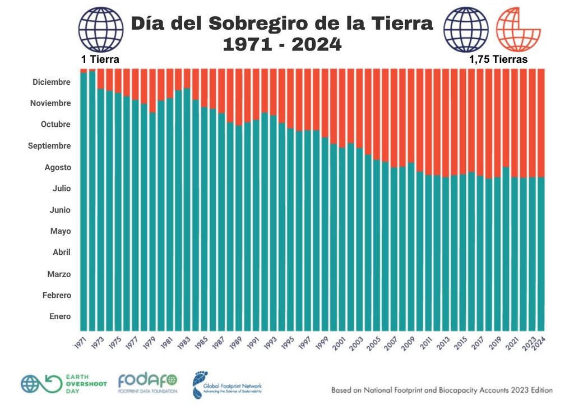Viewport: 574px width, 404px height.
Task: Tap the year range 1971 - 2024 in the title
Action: [282, 44]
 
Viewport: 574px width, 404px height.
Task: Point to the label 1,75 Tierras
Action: [498, 59]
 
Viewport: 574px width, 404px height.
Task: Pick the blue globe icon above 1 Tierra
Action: [100, 29]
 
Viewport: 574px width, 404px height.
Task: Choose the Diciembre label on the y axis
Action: [52, 82]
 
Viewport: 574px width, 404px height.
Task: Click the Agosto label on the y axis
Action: [58, 167]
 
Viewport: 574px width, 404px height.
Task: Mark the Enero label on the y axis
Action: [60, 316]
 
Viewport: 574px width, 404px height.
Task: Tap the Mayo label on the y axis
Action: [61, 231]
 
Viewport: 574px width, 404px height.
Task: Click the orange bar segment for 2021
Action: [515, 123]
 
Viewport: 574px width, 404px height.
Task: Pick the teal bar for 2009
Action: [411, 247]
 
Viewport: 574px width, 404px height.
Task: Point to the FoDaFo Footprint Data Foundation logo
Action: [147, 384]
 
